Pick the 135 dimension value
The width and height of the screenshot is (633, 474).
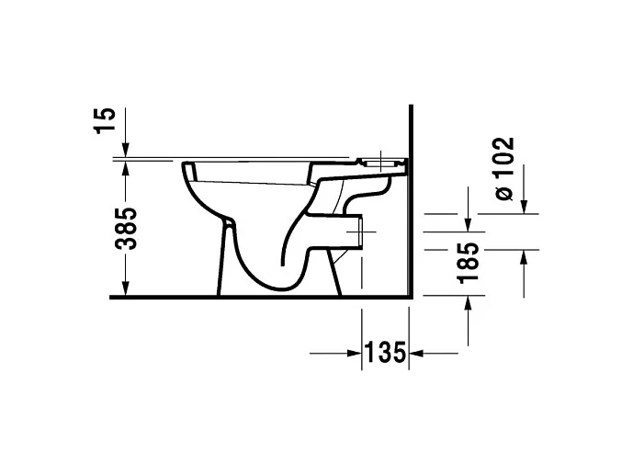pyautogui.click(x=386, y=353)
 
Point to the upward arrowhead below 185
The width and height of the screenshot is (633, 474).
pyautogui.click(x=469, y=306)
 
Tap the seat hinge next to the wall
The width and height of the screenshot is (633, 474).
pyautogui.click(x=386, y=163)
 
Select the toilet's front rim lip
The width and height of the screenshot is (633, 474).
pyautogui.click(x=188, y=170)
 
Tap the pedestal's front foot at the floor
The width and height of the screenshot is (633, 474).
pyautogui.click(x=220, y=292)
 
